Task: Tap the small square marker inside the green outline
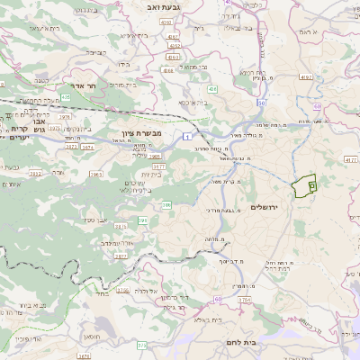point(311,184)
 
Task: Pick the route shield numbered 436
point(212,89)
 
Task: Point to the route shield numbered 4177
point(349,158)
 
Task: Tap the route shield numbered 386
point(166,205)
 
